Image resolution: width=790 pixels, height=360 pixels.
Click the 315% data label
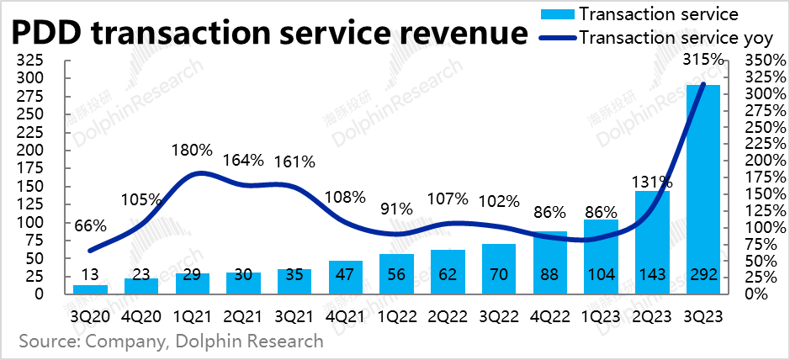tap(703, 59)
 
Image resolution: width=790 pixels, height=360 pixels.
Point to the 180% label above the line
tap(193, 150)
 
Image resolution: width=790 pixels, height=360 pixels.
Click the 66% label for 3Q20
tap(90, 225)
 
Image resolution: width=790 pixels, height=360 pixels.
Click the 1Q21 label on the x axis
tap(193, 317)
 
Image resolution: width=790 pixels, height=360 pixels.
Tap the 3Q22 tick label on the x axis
tap(499, 317)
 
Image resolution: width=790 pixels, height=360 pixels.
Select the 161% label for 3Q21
tap(294, 160)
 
